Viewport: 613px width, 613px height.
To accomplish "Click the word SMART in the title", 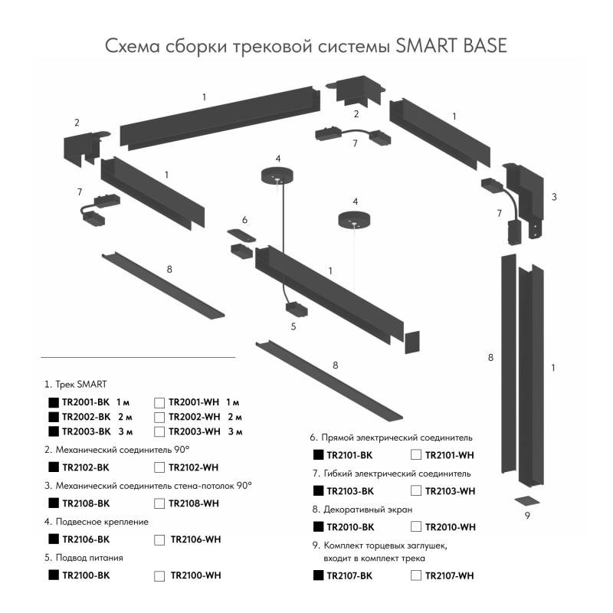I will [425, 46].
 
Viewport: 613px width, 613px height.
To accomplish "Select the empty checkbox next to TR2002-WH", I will [159, 417].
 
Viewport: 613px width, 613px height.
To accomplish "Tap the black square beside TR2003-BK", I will [54, 432].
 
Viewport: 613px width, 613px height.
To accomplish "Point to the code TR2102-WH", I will [194, 467].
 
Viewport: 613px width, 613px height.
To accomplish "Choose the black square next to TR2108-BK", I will [54, 503].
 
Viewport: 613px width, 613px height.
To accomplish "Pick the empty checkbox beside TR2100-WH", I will [159, 575].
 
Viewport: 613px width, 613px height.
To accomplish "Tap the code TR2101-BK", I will [350, 455].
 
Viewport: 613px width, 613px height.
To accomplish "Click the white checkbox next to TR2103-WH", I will [416, 491].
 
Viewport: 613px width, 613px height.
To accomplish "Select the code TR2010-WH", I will [451, 527].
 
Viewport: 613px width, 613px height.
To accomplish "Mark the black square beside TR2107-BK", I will [319, 575].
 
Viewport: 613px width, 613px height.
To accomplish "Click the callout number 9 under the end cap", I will [527, 516].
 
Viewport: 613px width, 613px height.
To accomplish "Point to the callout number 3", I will [553, 197].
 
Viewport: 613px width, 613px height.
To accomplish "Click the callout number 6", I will [244, 220].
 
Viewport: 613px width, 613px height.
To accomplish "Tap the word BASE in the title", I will [483, 46].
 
